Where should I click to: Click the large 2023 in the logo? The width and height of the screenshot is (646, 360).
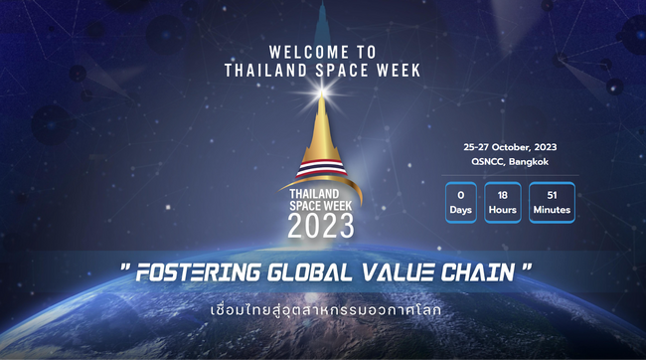(x=321, y=227)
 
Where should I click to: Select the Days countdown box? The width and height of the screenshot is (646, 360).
(x=460, y=202)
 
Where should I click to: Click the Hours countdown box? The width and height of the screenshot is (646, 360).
(x=504, y=202)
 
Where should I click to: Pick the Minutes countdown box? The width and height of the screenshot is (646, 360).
(x=551, y=202)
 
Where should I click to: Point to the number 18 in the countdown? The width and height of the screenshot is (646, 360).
(x=504, y=194)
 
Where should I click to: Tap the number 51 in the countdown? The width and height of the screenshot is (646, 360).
(x=551, y=194)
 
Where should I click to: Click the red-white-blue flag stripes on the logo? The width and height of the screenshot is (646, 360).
(x=320, y=168)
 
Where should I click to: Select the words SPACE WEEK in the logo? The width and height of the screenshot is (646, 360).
(x=321, y=204)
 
